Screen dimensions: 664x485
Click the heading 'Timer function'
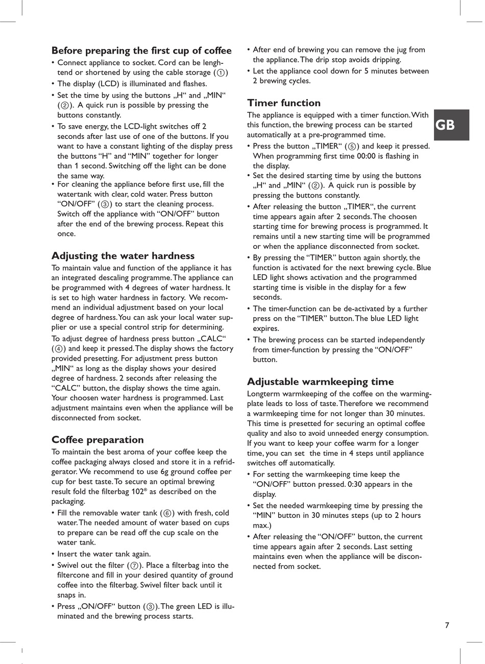(x=284, y=103)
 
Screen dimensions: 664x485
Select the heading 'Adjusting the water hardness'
(x=123, y=256)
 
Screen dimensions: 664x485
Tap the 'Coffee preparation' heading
(x=98, y=440)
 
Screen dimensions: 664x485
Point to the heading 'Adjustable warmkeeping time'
(x=320, y=382)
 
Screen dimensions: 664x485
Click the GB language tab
(x=445, y=125)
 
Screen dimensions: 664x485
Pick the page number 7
(x=447, y=625)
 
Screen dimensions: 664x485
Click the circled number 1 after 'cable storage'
(x=221, y=73)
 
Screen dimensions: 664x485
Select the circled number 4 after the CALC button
(x=59, y=349)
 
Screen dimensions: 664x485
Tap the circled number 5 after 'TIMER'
(x=352, y=147)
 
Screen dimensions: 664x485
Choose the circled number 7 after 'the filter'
(x=134, y=565)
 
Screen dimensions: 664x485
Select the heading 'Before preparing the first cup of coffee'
(x=141, y=51)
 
